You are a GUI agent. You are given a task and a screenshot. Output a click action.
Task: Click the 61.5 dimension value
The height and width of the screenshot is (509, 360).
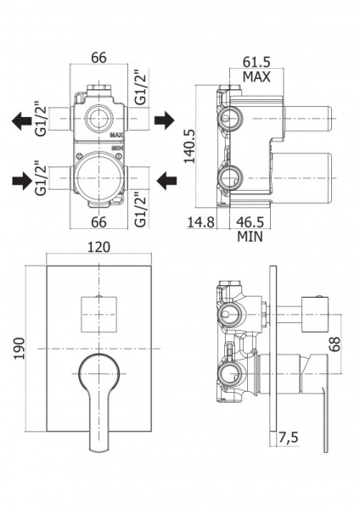point(256,62)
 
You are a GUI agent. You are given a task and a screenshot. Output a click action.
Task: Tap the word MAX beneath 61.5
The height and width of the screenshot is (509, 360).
point(256,77)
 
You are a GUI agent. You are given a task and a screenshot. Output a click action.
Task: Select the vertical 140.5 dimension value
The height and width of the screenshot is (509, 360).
point(189,146)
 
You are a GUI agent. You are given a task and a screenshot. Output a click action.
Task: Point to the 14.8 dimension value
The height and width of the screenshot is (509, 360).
point(200,222)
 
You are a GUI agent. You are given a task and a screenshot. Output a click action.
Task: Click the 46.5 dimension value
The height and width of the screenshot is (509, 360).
point(250,222)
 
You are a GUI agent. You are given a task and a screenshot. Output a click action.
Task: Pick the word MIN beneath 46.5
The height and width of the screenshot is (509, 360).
point(250,237)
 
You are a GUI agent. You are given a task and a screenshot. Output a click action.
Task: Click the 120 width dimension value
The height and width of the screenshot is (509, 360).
point(98,248)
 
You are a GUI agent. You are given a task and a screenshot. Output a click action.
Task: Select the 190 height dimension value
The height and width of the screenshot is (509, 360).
point(20,349)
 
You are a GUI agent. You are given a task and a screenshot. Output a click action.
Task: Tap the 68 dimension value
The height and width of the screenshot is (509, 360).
point(335,344)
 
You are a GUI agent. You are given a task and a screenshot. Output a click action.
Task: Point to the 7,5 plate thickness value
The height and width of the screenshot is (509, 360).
point(288,438)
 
